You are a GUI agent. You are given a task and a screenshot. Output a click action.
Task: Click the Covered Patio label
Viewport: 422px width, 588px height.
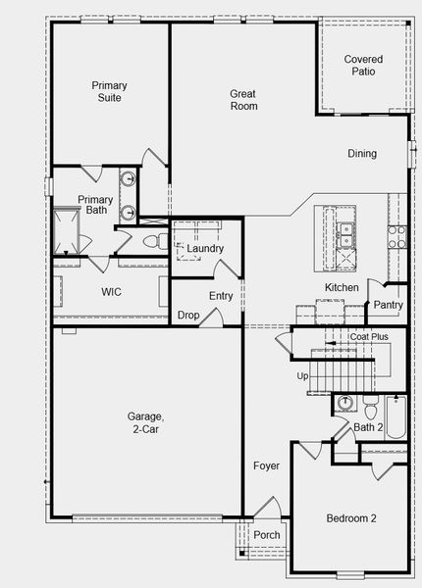tap(363, 66)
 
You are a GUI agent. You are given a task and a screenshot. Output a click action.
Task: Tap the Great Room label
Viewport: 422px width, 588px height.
tap(243, 100)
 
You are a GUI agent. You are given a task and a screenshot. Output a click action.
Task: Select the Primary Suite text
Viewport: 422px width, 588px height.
tap(109, 91)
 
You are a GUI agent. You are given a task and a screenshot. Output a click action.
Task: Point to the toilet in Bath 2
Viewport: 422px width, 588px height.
tap(371, 408)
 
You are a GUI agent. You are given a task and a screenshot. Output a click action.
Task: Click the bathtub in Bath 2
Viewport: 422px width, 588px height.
tap(396, 417)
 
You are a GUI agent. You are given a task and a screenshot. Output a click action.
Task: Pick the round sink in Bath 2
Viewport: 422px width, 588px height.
tap(343, 403)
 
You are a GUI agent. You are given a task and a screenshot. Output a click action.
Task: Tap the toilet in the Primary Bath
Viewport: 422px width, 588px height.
tap(155, 241)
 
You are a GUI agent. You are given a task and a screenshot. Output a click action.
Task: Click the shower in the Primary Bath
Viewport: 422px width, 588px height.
tap(67, 231)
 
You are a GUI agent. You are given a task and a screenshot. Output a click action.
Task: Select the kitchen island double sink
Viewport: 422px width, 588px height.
tap(345, 235)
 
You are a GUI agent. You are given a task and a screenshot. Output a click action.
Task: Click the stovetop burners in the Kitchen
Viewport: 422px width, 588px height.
tap(397, 237)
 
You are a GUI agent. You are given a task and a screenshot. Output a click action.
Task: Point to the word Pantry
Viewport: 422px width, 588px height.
tap(389, 305)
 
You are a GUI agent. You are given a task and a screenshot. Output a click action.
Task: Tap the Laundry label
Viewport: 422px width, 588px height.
tap(205, 248)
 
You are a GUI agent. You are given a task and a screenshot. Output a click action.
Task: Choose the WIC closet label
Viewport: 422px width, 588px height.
tap(111, 292)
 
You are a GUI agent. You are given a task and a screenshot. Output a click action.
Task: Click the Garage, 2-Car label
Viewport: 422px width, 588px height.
tap(145, 422)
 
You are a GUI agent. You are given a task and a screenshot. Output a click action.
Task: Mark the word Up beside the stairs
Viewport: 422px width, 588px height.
tap(302, 376)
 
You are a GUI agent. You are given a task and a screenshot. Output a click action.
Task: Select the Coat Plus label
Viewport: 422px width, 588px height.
tap(369, 337)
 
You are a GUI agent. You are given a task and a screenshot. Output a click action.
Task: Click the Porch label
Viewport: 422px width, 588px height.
tap(267, 535)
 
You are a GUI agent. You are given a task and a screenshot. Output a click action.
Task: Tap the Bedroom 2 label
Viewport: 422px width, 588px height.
tap(351, 518)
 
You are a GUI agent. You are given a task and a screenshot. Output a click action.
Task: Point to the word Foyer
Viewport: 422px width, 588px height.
tap(266, 466)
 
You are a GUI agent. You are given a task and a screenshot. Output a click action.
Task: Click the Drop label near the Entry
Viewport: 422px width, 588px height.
tap(188, 315)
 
